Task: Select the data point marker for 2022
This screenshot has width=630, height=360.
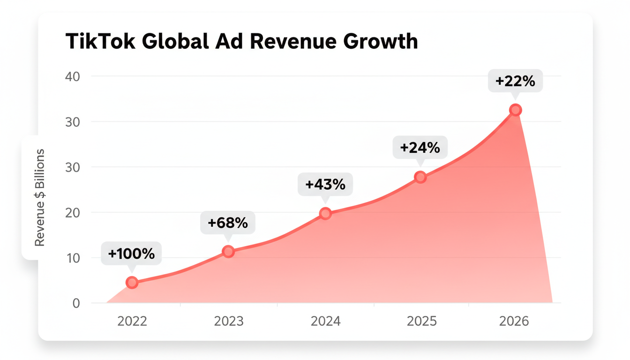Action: coord(132,282)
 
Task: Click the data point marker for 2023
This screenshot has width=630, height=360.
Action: coord(228,251)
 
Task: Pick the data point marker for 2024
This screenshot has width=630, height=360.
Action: coord(325,214)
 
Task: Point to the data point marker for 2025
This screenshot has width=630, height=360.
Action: coord(420,177)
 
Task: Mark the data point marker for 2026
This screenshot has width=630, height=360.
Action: coord(515,110)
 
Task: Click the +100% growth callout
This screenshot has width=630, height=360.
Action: coord(131,254)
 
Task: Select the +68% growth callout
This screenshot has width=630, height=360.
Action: coord(228,223)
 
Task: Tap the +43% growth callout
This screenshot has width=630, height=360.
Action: coord(325,185)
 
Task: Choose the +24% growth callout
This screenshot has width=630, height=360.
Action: coord(420,148)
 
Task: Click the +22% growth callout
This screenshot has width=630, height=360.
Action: coord(515,81)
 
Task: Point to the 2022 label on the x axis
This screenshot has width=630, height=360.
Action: coord(132,322)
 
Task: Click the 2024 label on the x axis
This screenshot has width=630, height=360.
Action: coord(326,322)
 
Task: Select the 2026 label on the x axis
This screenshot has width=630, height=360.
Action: coord(514,322)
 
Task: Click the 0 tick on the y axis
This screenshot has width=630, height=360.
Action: coord(76,303)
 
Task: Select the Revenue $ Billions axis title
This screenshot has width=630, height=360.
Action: coord(40,197)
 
